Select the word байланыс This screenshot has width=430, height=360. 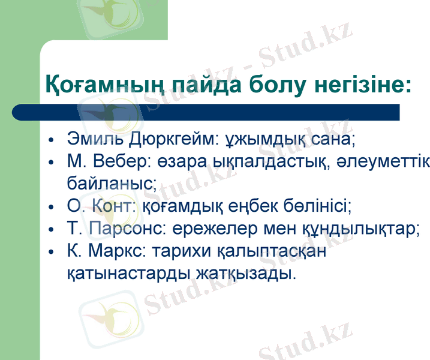(x=112, y=183)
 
